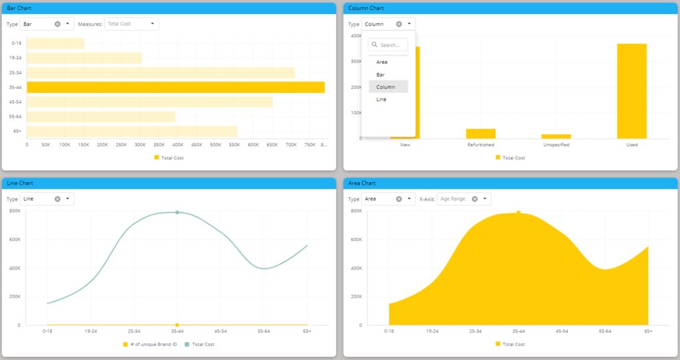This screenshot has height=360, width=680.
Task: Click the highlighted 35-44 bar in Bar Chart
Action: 175,87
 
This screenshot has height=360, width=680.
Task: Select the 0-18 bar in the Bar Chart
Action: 55,43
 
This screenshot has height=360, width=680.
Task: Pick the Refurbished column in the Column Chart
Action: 480,134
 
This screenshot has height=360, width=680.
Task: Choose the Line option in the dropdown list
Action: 381,100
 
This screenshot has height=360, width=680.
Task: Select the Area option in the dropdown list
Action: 382,62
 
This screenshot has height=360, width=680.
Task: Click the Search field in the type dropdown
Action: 389,45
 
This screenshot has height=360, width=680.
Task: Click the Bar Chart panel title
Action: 19,8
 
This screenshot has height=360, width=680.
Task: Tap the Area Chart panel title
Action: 362,183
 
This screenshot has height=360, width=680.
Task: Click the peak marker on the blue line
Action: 177,213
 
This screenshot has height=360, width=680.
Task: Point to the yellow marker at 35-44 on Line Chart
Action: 177,325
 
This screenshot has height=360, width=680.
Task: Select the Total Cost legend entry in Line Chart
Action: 200,344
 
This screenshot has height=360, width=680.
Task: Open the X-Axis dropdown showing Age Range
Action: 464,199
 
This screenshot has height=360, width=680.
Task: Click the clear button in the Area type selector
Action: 398,199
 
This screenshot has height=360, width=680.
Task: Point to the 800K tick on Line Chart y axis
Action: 15,211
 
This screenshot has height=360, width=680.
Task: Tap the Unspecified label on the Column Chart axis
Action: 556,144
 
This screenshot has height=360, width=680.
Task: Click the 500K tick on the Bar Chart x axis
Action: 216,144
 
